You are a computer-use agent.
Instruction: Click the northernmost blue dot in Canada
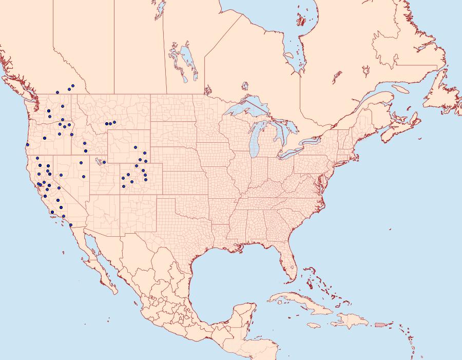(x=73, y=86)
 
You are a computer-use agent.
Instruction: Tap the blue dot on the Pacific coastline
(x=27, y=144)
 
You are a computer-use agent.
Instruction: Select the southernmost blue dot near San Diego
(x=70, y=225)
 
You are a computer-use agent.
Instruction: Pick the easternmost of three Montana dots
(x=114, y=122)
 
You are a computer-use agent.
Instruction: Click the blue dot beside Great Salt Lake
(x=104, y=162)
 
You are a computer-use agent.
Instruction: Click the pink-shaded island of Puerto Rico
(x=380, y=324)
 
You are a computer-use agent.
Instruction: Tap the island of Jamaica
(x=314, y=325)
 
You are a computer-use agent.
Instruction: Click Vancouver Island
(x=18, y=87)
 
